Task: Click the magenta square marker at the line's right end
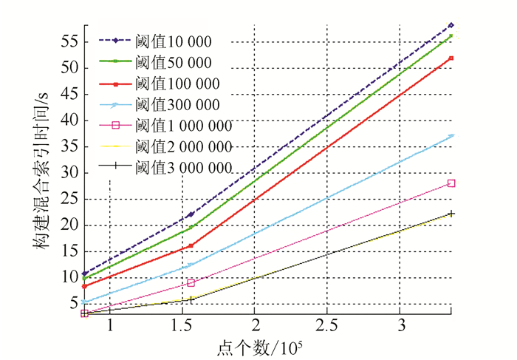click(451, 183)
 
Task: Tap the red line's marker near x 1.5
click(190, 245)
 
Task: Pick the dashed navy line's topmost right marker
click(451, 25)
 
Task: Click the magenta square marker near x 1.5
click(191, 282)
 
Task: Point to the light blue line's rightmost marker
click(451, 136)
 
